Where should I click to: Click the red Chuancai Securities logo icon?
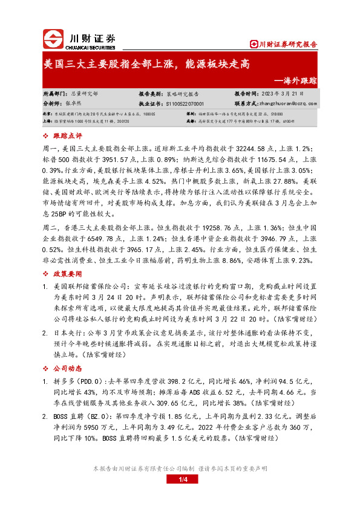54,39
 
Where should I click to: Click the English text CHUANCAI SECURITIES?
91,45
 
